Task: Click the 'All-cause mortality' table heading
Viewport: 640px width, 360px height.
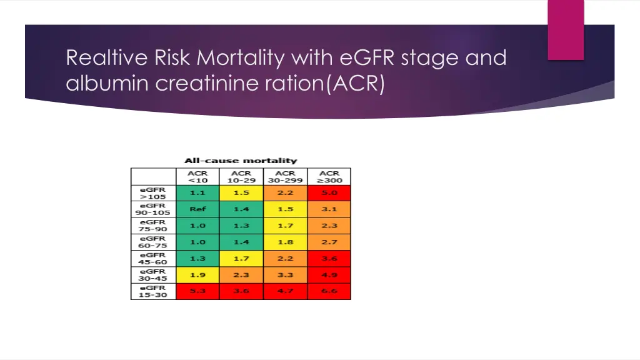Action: (241, 161)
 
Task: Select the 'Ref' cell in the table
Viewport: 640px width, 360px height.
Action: (197, 209)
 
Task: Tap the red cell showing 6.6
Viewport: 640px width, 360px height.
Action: (329, 291)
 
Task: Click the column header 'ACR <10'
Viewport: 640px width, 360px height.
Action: (197, 176)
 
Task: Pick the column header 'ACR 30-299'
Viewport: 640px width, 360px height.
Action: (285, 176)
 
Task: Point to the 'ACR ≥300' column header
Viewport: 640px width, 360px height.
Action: (329, 176)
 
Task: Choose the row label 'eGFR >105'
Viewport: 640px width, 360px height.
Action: (153, 193)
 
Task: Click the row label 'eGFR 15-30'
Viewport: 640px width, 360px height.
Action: (153, 291)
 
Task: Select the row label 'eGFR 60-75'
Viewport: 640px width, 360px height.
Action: (153, 242)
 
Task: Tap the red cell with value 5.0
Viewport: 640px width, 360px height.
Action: (329, 193)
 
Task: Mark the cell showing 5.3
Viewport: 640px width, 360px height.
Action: (197, 291)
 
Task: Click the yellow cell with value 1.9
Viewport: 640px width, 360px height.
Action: (197, 275)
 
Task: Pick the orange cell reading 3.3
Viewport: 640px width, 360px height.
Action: (285, 275)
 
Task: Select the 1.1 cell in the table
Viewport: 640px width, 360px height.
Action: (197, 193)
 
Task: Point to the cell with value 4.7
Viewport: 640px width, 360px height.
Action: (285, 291)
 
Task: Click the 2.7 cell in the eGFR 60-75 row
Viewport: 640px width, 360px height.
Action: (329, 242)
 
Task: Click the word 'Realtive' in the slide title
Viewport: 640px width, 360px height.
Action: (106, 58)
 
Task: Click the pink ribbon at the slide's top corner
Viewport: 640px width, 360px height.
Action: (566, 29)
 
